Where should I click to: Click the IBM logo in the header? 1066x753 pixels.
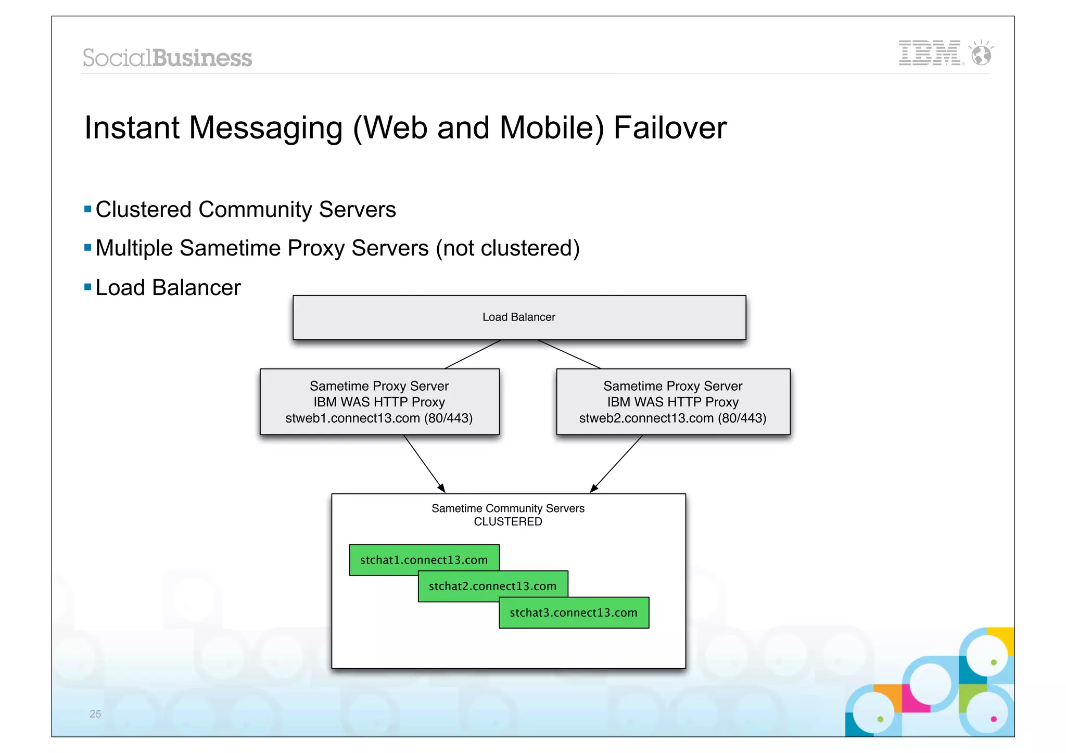pyautogui.click(x=930, y=53)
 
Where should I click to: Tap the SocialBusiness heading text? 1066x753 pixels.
pyautogui.click(x=167, y=58)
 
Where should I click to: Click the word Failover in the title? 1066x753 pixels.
pyautogui.click(x=670, y=128)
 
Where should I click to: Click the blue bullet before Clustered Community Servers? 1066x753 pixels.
pyautogui.click(x=87, y=210)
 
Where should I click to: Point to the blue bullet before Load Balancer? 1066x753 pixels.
pyautogui.click(x=87, y=287)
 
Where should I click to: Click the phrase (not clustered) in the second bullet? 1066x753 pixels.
pyautogui.click(x=507, y=248)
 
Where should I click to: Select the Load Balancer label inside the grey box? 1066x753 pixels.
pyautogui.click(x=518, y=317)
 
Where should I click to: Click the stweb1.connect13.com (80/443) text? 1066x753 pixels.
pyautogui.click(x=379, y=418)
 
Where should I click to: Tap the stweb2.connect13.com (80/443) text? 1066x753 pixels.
pyautogui.click(x=672, y=418)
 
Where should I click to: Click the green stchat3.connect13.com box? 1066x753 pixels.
pyautogui.click(x=574, y=612)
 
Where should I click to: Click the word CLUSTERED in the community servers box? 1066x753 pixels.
pyautogui.click(x=507, y=521)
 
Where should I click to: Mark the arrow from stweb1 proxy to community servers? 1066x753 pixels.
pyautogui.click(x=424, y=463)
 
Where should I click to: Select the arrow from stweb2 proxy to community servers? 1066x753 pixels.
pyautogui.click(x=617, y=463)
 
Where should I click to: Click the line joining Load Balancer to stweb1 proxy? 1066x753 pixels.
pyautogui.click(x=473, y=354)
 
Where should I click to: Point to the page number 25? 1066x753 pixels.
pyautogui.click(x=95, y=714)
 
